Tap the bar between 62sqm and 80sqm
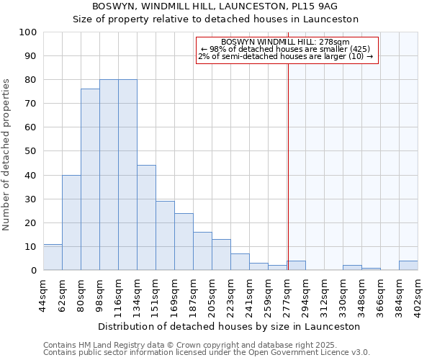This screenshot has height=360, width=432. click(71, 222)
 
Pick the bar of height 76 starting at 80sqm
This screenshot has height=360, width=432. click(90, 179)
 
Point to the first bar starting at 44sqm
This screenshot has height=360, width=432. click(53, 257)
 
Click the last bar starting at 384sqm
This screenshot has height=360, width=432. click(408, 265)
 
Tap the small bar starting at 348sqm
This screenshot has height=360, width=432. click(371, 269)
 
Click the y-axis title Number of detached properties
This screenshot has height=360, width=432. click(6, 155)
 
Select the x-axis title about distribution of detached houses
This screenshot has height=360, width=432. click(230, 326)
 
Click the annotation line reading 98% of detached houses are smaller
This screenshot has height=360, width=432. click(287, 49)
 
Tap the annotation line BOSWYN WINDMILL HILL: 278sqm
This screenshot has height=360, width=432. click(287, 42)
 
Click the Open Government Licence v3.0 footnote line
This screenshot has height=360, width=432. click(207, 353)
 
